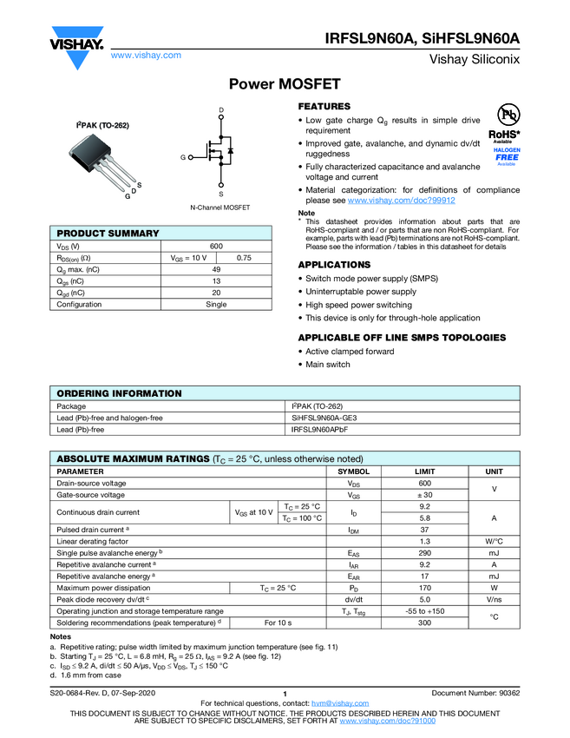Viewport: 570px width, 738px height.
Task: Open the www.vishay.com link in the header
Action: [146, 55]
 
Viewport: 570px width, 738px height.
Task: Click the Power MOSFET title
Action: [284, 84]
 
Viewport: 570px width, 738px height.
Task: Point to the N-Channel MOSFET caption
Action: [219, 208]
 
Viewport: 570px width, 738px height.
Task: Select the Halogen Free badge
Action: [507, 156]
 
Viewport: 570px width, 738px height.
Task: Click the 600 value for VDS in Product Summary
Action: [216, 247]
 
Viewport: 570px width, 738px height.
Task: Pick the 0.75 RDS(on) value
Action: [244, 258]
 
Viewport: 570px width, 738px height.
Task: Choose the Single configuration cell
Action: [216, 304]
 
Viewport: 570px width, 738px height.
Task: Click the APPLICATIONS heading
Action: [334, 265]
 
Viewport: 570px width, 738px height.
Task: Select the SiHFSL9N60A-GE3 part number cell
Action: [324, 418]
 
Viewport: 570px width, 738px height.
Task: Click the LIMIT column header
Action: [424, 471]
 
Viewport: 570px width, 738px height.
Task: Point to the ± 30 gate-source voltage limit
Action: [424, 495]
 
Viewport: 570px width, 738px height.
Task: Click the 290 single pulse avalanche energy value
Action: [424, 552]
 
